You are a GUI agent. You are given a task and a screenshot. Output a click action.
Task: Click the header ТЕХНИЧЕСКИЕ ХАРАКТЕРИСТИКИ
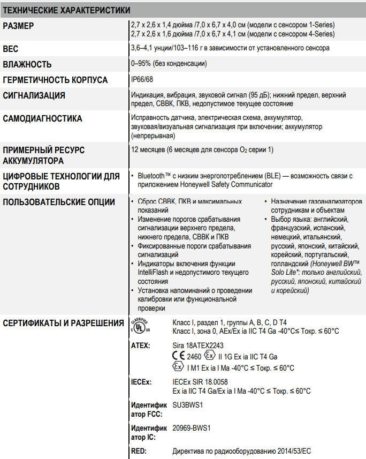pos(67,10)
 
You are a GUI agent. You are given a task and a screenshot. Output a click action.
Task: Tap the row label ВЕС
pos(11,49)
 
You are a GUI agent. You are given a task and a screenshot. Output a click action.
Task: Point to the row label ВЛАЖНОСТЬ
pos(27,64)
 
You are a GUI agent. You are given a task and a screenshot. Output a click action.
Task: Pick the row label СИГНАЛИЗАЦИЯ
pos(34,95)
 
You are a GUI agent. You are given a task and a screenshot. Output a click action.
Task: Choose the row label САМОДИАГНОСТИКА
pos(43,118)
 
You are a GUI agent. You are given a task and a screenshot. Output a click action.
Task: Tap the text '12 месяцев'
pos(148,149)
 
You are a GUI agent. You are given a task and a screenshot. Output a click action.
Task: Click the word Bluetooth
pos(152,176)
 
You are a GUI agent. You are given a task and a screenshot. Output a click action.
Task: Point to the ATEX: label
pos(141,345)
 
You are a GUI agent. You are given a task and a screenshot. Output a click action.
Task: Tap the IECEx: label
pos(141,382)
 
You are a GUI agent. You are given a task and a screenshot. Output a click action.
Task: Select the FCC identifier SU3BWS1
pos(188,405)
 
